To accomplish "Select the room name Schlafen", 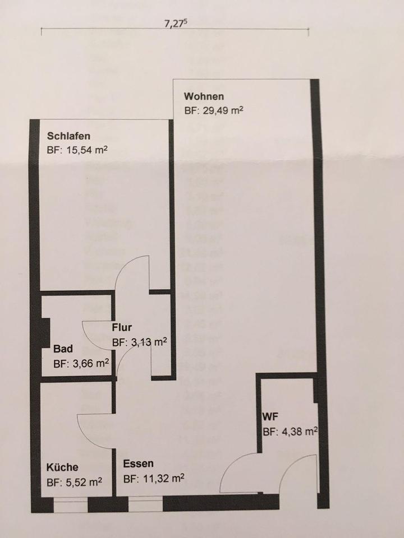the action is coord(69,136).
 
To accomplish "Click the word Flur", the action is coord(122,328).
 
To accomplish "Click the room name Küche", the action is coord(62,467).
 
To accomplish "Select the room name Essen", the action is coord(138,465).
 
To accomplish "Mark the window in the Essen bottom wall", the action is coord(145,507).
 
